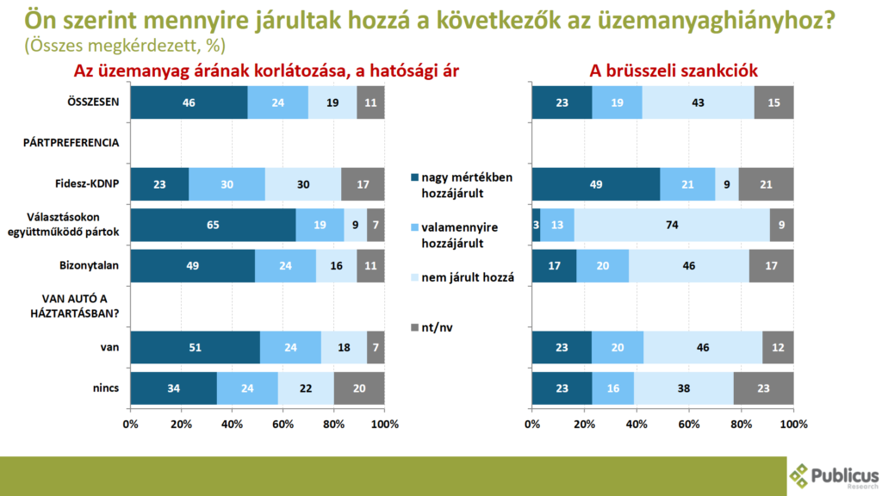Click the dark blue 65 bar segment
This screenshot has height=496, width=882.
pyautogui.click(x=213, y=224)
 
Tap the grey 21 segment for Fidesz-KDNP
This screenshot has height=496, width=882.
pyautogui.click(x=767, y=183)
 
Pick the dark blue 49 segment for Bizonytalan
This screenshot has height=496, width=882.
pyautogui.click(x=192, y=264)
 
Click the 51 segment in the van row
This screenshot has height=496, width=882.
pyautogui.click(x=195, y=346)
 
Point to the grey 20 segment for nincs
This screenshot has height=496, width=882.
pyautogui.click(x=359, y=387)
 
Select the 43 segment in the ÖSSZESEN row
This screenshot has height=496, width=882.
pyautogui.click(x=698, y=102)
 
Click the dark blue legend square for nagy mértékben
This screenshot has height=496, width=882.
pyautogui.click(x=415, y=178)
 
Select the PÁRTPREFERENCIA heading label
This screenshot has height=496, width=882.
pyautogui.click(x=71, y=143)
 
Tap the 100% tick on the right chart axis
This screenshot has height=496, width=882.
pyautogui.click(x=793, y=424)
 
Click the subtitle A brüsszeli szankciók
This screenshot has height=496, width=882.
pyautogui.click(x=661, y=71)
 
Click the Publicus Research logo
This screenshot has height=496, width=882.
pyautogui.click(x=834, y=476)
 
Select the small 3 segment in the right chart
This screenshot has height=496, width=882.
pyautogui.click(x=536, y=224)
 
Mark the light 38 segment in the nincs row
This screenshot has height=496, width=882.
pyautogui.click(x=684, y=387)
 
